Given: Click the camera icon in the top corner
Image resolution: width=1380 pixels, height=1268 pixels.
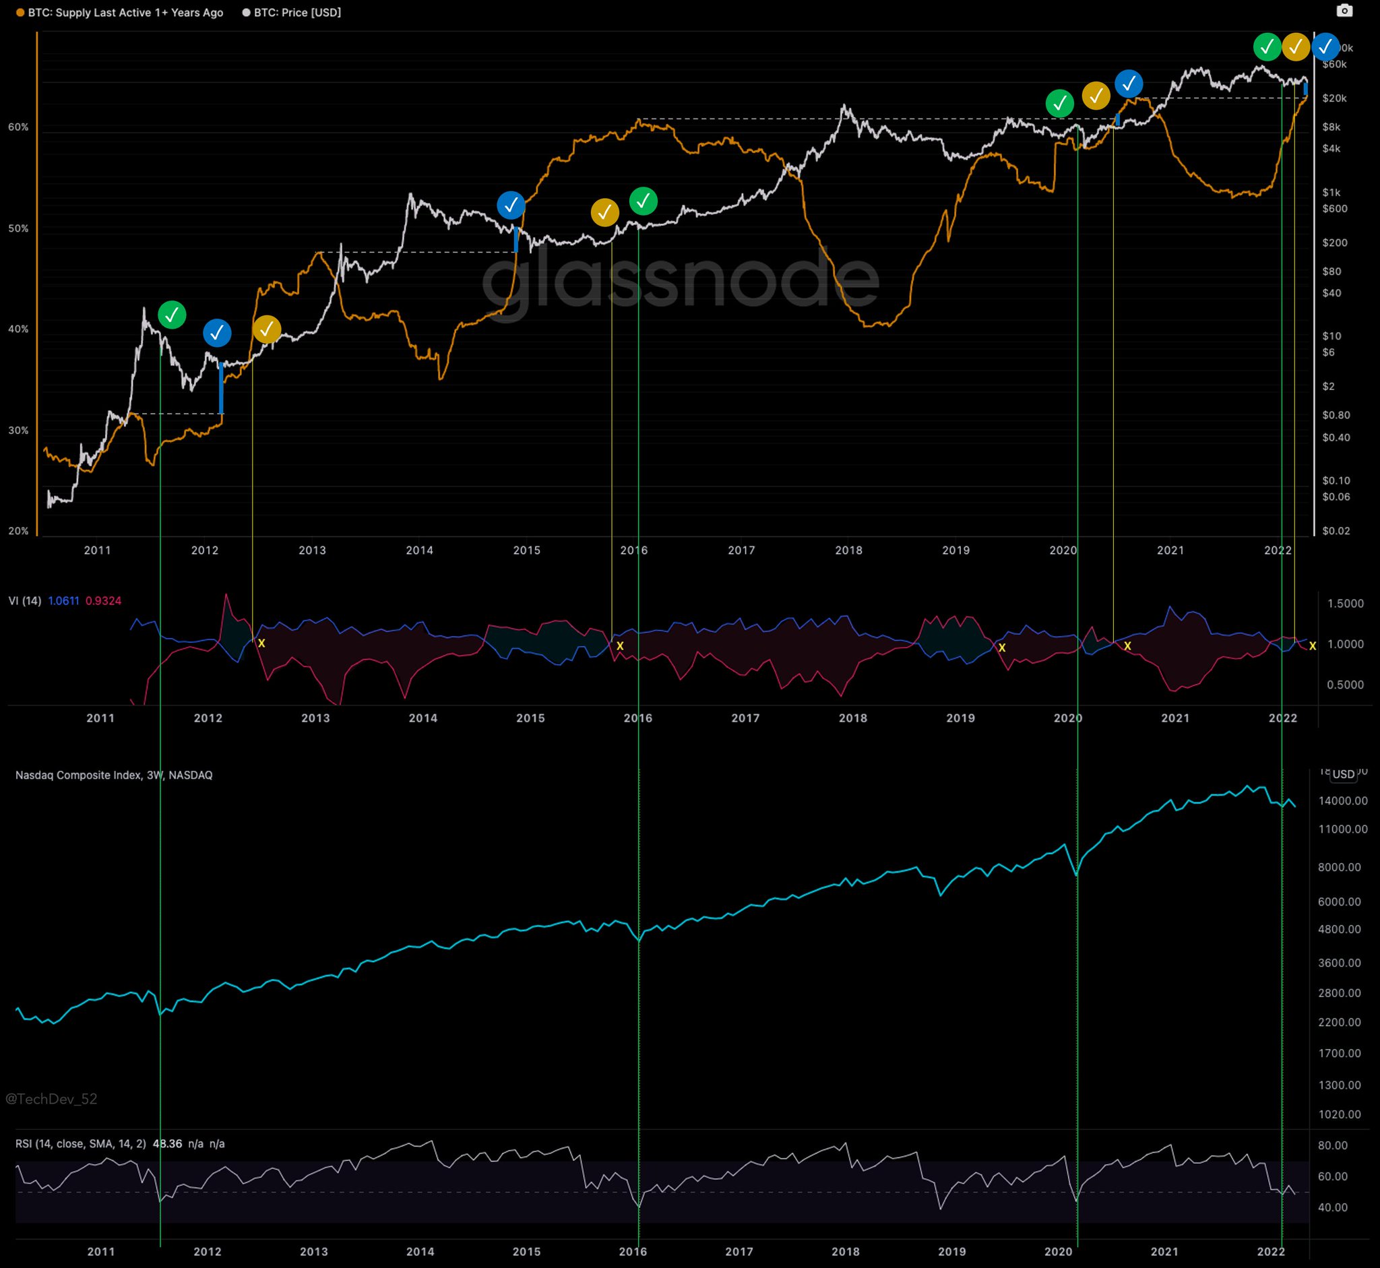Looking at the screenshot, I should click(x=1344, y=10).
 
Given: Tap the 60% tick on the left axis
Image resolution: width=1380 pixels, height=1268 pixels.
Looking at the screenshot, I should click(x=18, y=127).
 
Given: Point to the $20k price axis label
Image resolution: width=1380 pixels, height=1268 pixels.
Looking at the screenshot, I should click(x=1334, y=98).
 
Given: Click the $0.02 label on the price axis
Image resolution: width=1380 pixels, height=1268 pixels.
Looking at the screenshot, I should click(x=1335, y=530).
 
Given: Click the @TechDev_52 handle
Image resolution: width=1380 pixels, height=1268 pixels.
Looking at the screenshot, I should click(x=51, y=1099).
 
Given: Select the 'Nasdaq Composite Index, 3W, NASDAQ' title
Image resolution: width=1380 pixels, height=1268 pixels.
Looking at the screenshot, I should click(x=114, y=775).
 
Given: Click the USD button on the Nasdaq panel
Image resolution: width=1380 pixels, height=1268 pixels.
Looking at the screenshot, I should click(x=1343, y=775).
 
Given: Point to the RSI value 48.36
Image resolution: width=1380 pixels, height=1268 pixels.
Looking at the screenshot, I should click(x=167, y=1144).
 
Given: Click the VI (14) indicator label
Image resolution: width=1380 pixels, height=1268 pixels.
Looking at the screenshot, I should click(x=25, y=601).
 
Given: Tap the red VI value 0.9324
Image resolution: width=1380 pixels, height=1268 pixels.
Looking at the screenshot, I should click(x=103, y=601).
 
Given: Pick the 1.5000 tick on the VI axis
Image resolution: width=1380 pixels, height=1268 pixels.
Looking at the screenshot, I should click(x=1346, y=604).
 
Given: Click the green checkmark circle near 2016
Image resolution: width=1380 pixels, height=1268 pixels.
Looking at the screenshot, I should click(x=643, y=201).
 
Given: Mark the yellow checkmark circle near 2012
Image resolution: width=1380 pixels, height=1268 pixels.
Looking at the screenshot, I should click(x=266, y=330).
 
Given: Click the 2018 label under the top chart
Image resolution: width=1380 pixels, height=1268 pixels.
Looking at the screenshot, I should click(x=848, y=550).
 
